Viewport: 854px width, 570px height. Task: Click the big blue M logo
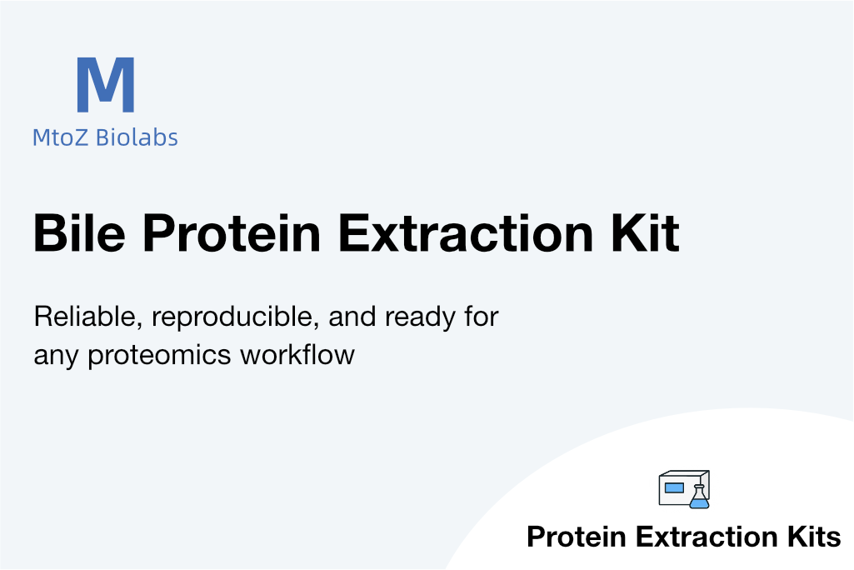[106, 84]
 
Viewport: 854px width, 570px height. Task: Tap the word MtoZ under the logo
[60, 137]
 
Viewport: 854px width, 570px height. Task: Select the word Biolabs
[137, 137]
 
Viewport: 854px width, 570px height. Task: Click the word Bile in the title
[79, 232]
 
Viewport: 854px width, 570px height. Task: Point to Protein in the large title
[232, 232]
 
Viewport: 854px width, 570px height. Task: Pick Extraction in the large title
[466, 232]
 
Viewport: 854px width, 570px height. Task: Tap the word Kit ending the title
[646, 232]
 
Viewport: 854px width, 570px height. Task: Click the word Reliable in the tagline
[88, 317]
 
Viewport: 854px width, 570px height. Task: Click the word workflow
[297, 355]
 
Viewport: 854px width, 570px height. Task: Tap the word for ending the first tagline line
[482, 317]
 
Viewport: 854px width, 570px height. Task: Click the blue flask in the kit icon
[700, 497]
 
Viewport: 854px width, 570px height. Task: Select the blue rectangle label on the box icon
[674, 487]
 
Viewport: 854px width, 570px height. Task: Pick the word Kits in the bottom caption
[814, 537]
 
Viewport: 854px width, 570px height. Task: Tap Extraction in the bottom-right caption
[707, 537]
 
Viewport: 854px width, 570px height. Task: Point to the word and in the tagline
[352, 317]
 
